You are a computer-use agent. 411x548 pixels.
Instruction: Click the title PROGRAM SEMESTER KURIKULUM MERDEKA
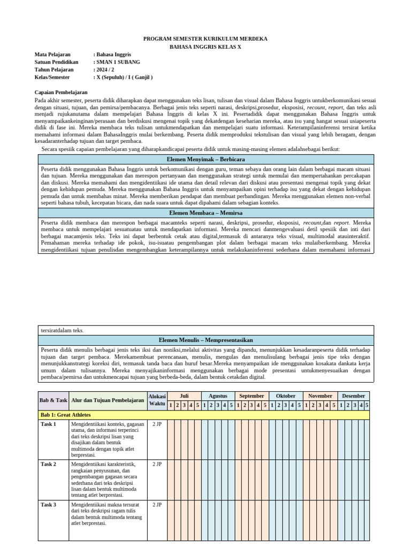(x=205, y=39)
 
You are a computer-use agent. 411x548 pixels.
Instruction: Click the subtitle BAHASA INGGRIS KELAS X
(x=205, y=47)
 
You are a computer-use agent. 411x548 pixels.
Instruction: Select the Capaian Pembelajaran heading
(x=61, y=92)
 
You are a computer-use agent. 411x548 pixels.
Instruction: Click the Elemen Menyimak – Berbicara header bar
(x=205, y=159)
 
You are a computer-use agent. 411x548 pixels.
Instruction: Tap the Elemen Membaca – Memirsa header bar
(x=205, y=212)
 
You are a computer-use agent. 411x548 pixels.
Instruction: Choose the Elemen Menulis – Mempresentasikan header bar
(x=205, y=340)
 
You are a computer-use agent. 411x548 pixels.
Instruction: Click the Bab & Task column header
(x=54, y=400)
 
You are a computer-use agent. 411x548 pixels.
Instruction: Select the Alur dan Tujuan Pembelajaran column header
(x=108, y=400)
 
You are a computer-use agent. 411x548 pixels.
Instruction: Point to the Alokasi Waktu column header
(x=157, y=400)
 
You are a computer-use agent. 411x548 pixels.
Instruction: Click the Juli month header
(x=184, y=396)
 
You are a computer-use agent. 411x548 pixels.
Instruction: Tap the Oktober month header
(x=286, y=396)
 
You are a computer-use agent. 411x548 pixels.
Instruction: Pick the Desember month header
(x=353, y=396)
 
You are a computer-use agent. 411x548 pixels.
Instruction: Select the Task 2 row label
(x=48, y=464)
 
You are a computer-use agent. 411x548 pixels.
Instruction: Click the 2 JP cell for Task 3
(x=157, y=505)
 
